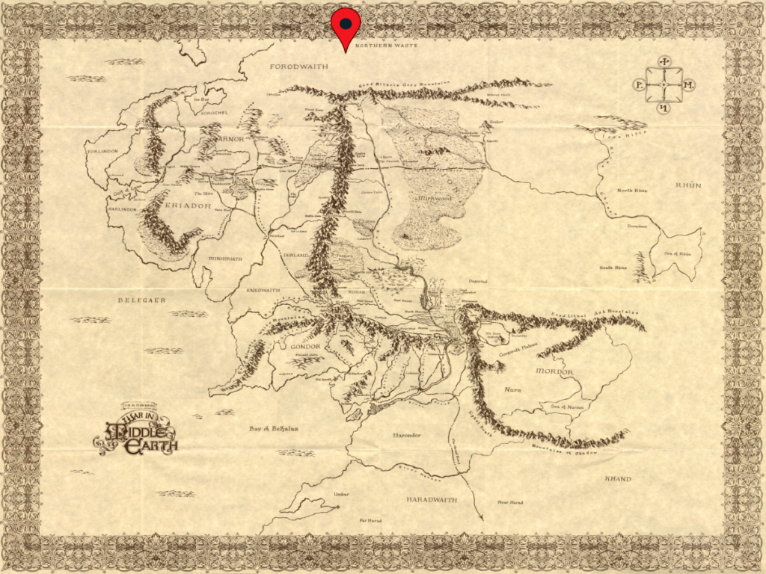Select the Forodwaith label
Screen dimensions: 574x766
coord(299,67)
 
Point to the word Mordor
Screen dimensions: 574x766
coord(554,371)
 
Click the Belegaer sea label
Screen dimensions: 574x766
coord(141,300)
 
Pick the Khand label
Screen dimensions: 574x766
coord(617,479)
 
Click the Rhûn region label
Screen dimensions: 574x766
coord(688,185)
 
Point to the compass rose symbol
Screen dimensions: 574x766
coord(664,85)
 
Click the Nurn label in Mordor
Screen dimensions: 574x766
coord(513,389)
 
